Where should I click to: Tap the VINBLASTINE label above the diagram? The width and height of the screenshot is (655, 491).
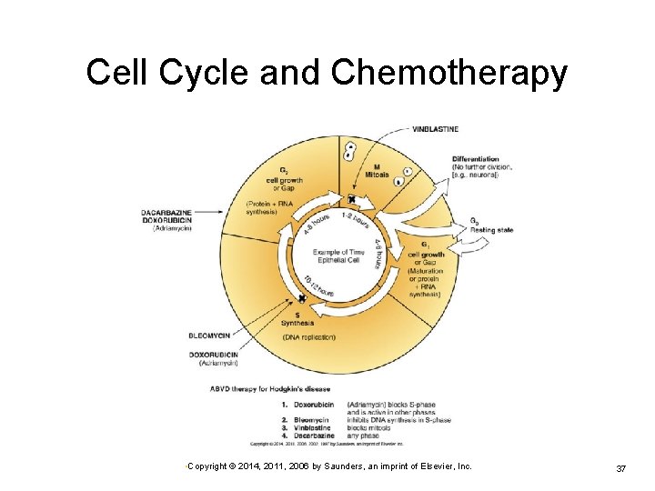click(436, 129)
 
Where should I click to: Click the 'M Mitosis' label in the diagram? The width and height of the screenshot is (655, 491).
click(376, 171)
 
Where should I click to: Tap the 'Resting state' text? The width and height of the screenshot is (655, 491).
click(491, 230)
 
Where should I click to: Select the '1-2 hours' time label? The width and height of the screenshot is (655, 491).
click(354, 220)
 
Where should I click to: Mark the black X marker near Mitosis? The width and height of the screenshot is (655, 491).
click(350, 198)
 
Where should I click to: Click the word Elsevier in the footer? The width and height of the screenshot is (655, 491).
click(434, 466)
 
